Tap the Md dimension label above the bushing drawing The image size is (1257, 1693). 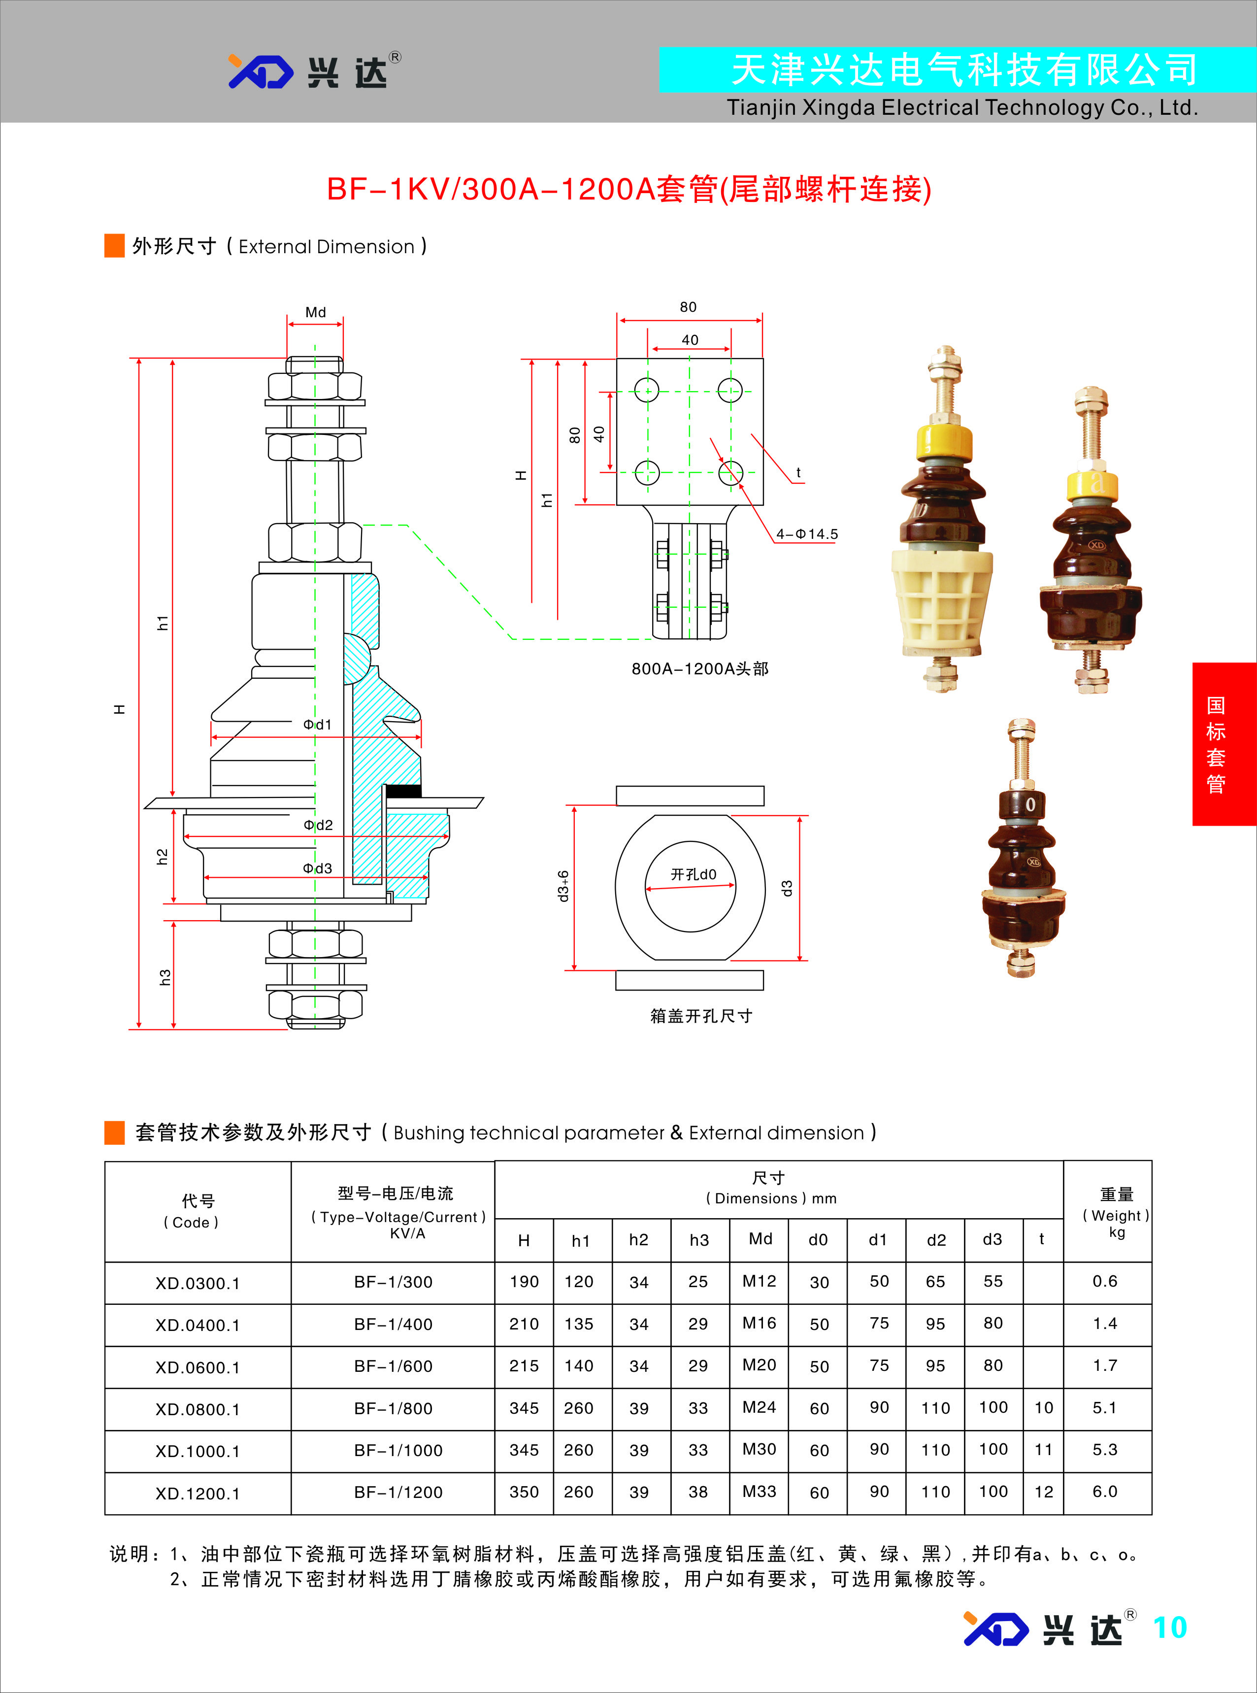(315, 312)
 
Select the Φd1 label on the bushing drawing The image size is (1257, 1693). (317, 725)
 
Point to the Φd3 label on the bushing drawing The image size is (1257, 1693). (317, 868)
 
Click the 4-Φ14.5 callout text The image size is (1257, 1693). (806, 534)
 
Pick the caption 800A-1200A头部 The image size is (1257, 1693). (699, 669)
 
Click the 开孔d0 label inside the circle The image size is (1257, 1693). (693, 874)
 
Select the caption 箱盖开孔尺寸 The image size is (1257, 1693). (701, 1016)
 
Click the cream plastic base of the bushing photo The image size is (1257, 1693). (941, 601)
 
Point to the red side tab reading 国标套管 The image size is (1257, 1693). (1216, 744)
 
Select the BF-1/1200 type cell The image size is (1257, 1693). (398, 1492)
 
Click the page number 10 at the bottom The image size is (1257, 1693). (1169, 1627)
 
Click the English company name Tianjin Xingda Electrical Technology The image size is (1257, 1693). (962, 108)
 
